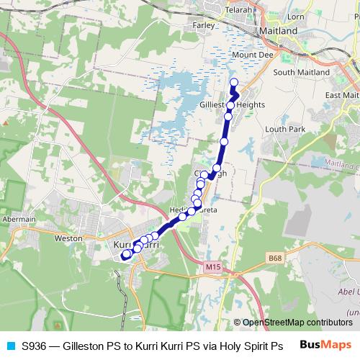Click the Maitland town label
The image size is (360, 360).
pos(277,32)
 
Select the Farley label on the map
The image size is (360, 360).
pos(204,24)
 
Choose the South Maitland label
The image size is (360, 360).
pos(301,72)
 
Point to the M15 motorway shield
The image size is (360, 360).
pos(212,267)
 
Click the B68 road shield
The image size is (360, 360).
pos(274,258)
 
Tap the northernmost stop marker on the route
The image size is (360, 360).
pos(233,81)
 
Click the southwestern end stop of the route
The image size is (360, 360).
pos(125,254)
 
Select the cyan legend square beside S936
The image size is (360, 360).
pos(10,346)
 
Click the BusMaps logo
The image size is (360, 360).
pos(325,345)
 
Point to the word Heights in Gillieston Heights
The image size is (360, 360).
pos(251,105)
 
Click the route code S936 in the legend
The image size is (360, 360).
pos(34,346)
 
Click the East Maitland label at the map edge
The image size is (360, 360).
pos(342,95)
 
